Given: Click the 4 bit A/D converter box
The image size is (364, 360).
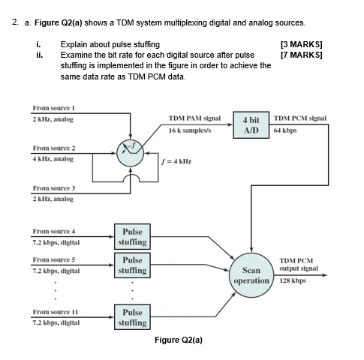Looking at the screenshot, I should (x=251, y=124).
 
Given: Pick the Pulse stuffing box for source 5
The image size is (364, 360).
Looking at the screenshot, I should (x=131, y=265).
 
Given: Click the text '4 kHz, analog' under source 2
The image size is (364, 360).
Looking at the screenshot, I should (x=53, y=159).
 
